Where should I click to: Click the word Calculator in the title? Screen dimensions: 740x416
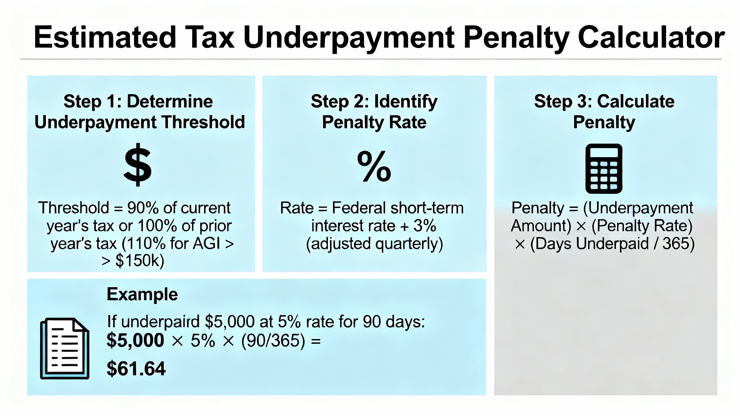point(651,37)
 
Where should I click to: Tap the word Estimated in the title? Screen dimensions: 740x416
point(105,37)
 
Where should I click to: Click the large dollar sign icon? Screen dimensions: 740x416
point(138,165)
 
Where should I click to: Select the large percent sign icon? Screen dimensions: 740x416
point(374,166)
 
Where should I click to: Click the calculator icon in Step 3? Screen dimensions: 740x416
point(604,168)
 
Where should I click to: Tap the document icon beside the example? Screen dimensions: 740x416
point(64,348)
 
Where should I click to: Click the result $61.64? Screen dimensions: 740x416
point(136,369)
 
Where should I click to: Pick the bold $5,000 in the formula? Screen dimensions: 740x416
point(135,340)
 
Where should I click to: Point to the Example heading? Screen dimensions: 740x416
point(142,294)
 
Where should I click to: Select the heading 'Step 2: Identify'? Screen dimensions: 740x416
point(374,101)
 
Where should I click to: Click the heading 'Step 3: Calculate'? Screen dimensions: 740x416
point(604,101)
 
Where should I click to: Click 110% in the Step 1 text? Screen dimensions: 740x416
point(145,243)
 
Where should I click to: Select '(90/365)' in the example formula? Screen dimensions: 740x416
point(273,341)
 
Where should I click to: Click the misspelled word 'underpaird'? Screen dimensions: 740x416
point(160,322)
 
